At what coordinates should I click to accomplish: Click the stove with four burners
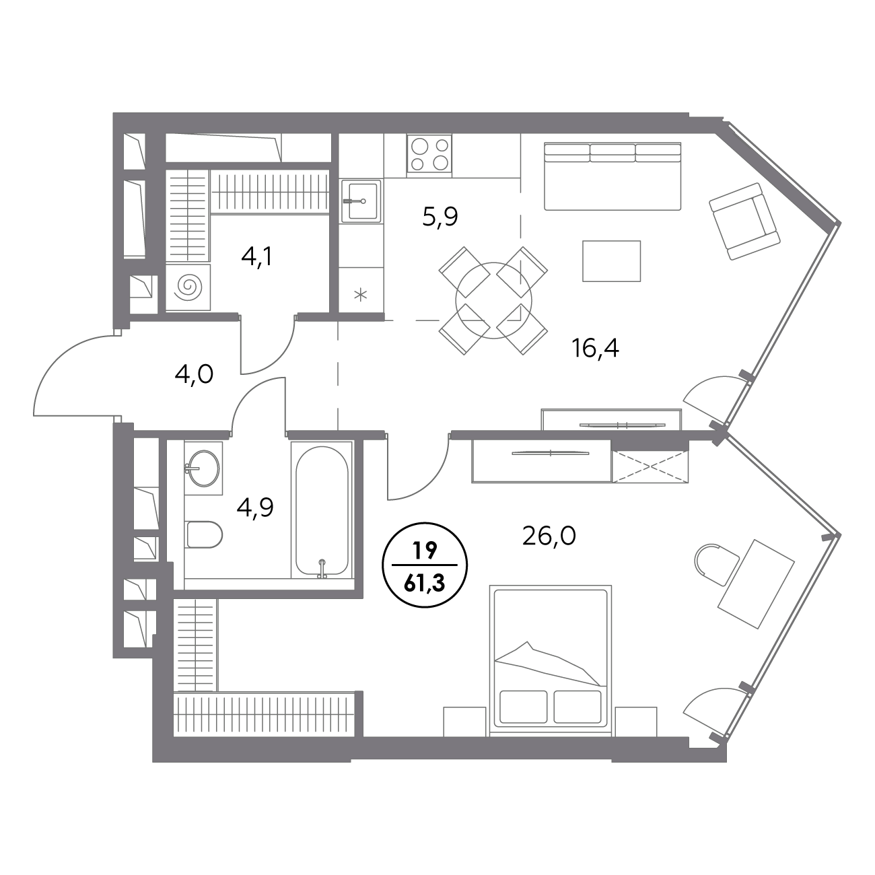(429, 153)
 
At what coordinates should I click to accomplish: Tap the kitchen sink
(361, 201)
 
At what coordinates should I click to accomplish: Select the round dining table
(493, 301)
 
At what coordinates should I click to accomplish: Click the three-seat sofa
(612, 176)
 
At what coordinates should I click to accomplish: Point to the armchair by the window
(744, 221)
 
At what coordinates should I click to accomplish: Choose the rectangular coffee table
(611, 261)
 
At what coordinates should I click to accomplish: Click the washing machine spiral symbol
(188, 287)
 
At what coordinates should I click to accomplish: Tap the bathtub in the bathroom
(322, 510)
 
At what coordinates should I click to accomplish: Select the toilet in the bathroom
(204, 534)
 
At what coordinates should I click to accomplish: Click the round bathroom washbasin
(203, 468)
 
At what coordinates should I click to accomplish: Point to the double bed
(551, 661)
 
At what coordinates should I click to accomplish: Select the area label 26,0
(549, 536)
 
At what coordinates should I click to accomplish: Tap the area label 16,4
(595, 349)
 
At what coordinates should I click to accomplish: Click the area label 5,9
(440, 217)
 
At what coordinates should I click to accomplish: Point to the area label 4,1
(257, 258)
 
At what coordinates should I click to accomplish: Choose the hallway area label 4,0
(194, 375)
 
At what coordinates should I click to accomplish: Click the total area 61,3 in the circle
(425, 584)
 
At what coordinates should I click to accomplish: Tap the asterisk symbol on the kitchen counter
(361, 295)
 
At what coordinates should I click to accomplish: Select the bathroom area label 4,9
(255, 508)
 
